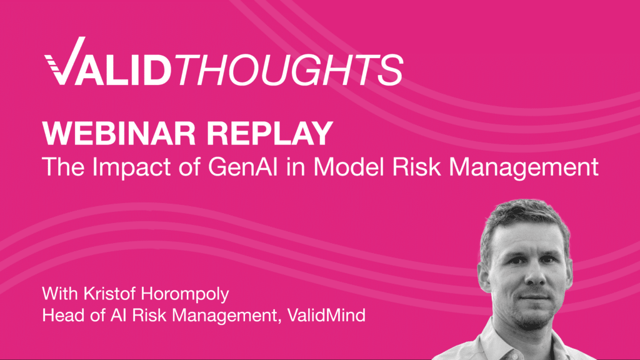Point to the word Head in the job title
pos(60,315)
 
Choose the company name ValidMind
pos(325,315)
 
